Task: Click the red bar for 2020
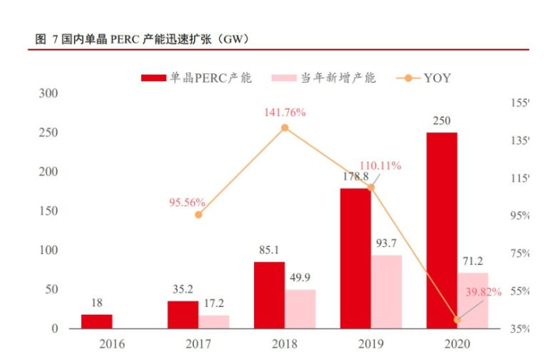441,231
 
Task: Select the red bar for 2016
97,321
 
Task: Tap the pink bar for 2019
387,291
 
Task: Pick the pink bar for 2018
300,309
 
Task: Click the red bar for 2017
183,314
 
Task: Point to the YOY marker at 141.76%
284,128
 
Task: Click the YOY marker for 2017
199,214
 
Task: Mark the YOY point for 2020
457,319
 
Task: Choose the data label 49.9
301,279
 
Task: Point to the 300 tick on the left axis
49,94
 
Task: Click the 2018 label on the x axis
284,344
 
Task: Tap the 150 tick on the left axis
49,211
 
